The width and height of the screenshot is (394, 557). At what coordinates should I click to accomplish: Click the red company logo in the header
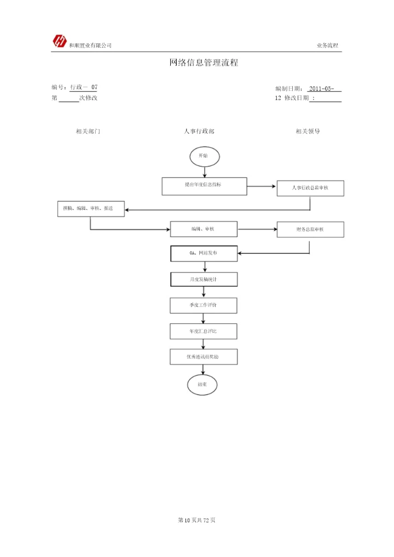coord(59,41)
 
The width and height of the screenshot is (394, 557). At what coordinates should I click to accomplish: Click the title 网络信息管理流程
coord(204,63)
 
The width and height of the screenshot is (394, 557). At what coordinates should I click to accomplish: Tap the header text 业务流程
coord(327,45)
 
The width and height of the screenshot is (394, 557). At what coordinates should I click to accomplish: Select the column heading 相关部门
coord(88,131)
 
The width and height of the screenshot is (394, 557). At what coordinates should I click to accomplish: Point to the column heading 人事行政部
coord(199,131)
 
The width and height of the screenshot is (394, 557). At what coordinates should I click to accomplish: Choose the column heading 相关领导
coord(308,131)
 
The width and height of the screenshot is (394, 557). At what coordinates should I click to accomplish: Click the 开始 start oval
coord(204,156)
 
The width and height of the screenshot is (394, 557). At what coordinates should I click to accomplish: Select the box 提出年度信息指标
coord(204,186)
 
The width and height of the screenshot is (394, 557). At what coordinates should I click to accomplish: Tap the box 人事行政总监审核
coord(310,188)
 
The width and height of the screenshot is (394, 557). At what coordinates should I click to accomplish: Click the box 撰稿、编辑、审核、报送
coord(91,208)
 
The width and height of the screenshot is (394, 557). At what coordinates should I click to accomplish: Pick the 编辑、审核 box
coord(204,229)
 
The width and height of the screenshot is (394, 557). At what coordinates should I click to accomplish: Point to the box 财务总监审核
coord(310,230)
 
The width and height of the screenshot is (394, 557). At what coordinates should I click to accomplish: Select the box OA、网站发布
coord(204,254)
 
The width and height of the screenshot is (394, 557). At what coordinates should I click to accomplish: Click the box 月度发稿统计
coord(204,279)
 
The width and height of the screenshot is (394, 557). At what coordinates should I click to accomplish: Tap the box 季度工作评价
coord(204,305)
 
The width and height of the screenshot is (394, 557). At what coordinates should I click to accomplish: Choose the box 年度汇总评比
coord(204,331)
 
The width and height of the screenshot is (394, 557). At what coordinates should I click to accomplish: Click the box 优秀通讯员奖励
coord(204,357)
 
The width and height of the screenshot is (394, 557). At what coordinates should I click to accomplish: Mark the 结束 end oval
coord(202,385)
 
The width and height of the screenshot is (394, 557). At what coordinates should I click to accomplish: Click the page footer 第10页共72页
coord(197,520)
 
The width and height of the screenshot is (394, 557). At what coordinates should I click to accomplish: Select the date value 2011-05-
coord(325,89)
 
